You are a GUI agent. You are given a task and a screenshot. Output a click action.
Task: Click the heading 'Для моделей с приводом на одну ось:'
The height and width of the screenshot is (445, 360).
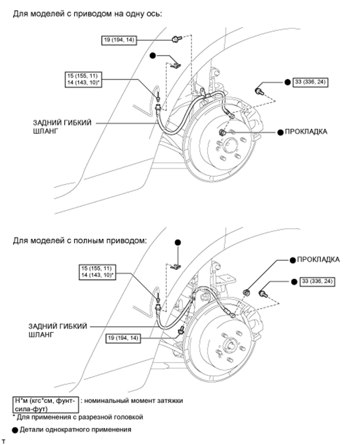(x=88, y=14)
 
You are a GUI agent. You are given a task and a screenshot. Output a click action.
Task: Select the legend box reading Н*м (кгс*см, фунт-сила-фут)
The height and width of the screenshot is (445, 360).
(x=46, y=404)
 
